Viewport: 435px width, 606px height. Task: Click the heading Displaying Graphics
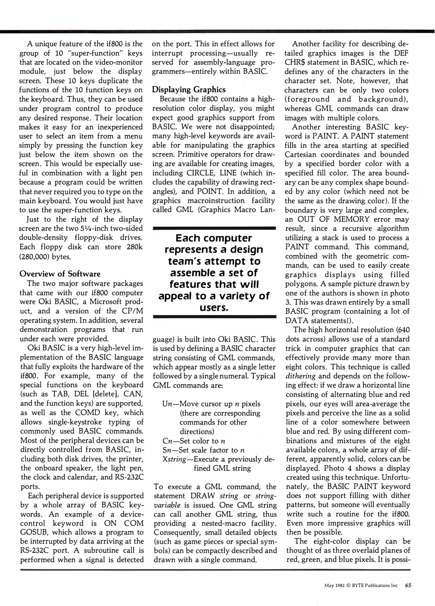189,90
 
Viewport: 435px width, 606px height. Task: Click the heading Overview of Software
60,274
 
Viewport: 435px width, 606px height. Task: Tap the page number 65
408,585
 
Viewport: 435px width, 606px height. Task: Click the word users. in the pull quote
214,308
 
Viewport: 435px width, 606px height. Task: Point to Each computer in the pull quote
214,238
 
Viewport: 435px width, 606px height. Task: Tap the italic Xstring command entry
174,460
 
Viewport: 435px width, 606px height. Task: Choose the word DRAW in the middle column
203,496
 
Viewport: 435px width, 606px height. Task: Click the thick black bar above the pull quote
214,228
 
